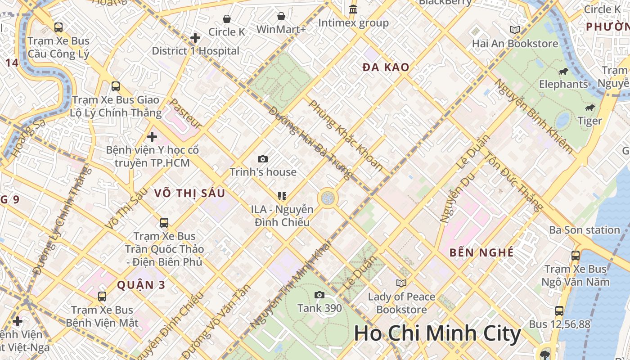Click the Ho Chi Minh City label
pyautogui.click(x=437, y=333)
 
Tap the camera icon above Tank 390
pyautogui.click(x=319, y=295)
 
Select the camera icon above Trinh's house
pyautogui.click(x=263, y=159)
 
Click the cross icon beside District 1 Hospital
pyautogui.click(x=195, y=37)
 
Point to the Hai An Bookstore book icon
pyautogui.click(x=515, y=30)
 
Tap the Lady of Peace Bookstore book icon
pyautogui.click(x=401, y=283)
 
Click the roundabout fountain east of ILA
pyautogui.click(x=328, y=198)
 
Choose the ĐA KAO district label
pyautogui.click(x=386, y=67)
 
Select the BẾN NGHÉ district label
pyautogui.click(x=481, y=252)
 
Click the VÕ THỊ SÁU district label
pyautogui.click(x=189, y=193)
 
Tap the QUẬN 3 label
pyautogui.click(x=141, y=285)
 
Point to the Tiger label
pyautogui.click(x=590, y=121)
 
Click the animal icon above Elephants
pyautogui.click(x=563, y=71)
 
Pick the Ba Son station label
pyautogui.click(x=584, y=230)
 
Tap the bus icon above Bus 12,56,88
pyautogui.click(x=559, y=310)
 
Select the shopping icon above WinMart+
pyautogui.click(x=281, y=17)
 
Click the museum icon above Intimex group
pyautogui.click(x=353, y=9)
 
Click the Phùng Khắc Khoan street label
pyautogui.click(x=346, y=135)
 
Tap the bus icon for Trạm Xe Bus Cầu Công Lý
pyautogui.click(x=58, y=27)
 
